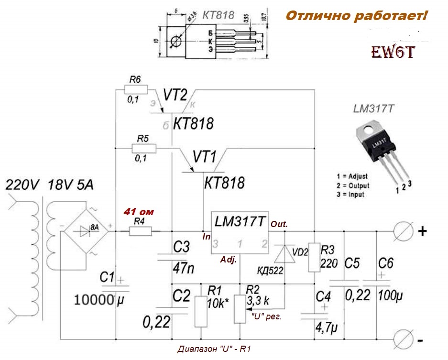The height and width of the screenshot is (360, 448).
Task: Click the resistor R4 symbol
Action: pyautogui.click(x=140, y=232)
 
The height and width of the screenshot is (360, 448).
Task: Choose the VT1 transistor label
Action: pyautogui.click(x=205, y=156)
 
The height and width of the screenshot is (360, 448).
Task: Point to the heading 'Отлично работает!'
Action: pyautogui.click(x=356, y=17)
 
